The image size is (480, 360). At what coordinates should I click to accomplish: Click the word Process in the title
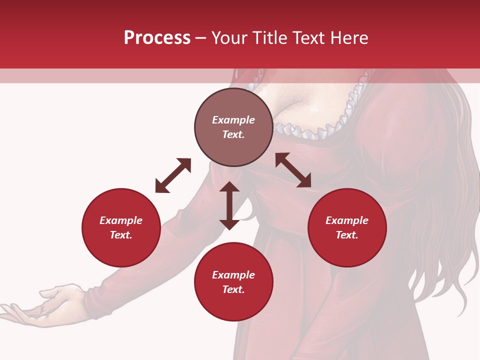tap(157, 38)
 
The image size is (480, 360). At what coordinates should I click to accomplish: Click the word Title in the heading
tap(270, 38)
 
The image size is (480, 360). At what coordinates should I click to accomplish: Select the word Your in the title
tap(229, 38)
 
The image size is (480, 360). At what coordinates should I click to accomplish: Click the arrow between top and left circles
tap(173, 175)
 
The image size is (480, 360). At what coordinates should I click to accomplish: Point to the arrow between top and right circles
tap(293, 170)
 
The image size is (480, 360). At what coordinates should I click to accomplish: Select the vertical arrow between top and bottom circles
tap(229, 205)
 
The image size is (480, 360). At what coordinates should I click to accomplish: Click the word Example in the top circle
tap(233, 120)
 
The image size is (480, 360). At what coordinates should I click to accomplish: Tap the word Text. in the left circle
tap(121, 235)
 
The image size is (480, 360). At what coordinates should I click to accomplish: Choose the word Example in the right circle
tap(347, 220)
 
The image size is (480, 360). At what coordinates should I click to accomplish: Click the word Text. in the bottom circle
tap(233, 289)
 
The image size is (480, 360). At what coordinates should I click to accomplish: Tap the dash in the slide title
tap(200, 38)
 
